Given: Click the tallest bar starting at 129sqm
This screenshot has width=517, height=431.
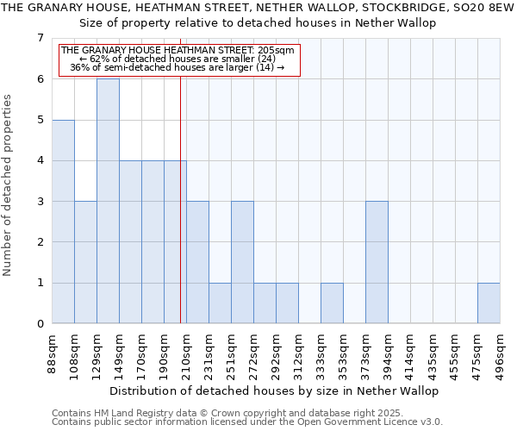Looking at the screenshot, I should (108, 201).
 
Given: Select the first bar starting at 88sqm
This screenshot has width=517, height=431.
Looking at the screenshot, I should (63, 222).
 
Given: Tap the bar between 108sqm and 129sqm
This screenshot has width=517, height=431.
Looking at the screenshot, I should (85, 262).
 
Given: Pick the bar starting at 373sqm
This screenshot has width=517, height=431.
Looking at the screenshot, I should (377, 262).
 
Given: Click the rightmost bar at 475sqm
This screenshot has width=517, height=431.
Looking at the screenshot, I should (489, 303).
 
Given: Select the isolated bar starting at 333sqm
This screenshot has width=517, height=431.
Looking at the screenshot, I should (332, 303).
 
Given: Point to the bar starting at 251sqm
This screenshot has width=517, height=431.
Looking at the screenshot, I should (242, 262).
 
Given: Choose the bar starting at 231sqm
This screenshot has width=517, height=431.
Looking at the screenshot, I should (220, 303).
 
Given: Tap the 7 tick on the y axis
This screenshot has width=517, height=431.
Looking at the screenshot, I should (40, 38).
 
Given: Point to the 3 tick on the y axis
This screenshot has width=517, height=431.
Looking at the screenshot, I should (40, 202).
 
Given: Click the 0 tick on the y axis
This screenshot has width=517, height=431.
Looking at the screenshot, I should (40, 324).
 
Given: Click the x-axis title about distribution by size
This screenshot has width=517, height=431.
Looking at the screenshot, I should (276, 390).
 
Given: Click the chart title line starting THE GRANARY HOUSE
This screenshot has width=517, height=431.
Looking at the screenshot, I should (258, 8).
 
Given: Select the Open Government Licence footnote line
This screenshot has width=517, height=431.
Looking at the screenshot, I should (247, 422).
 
